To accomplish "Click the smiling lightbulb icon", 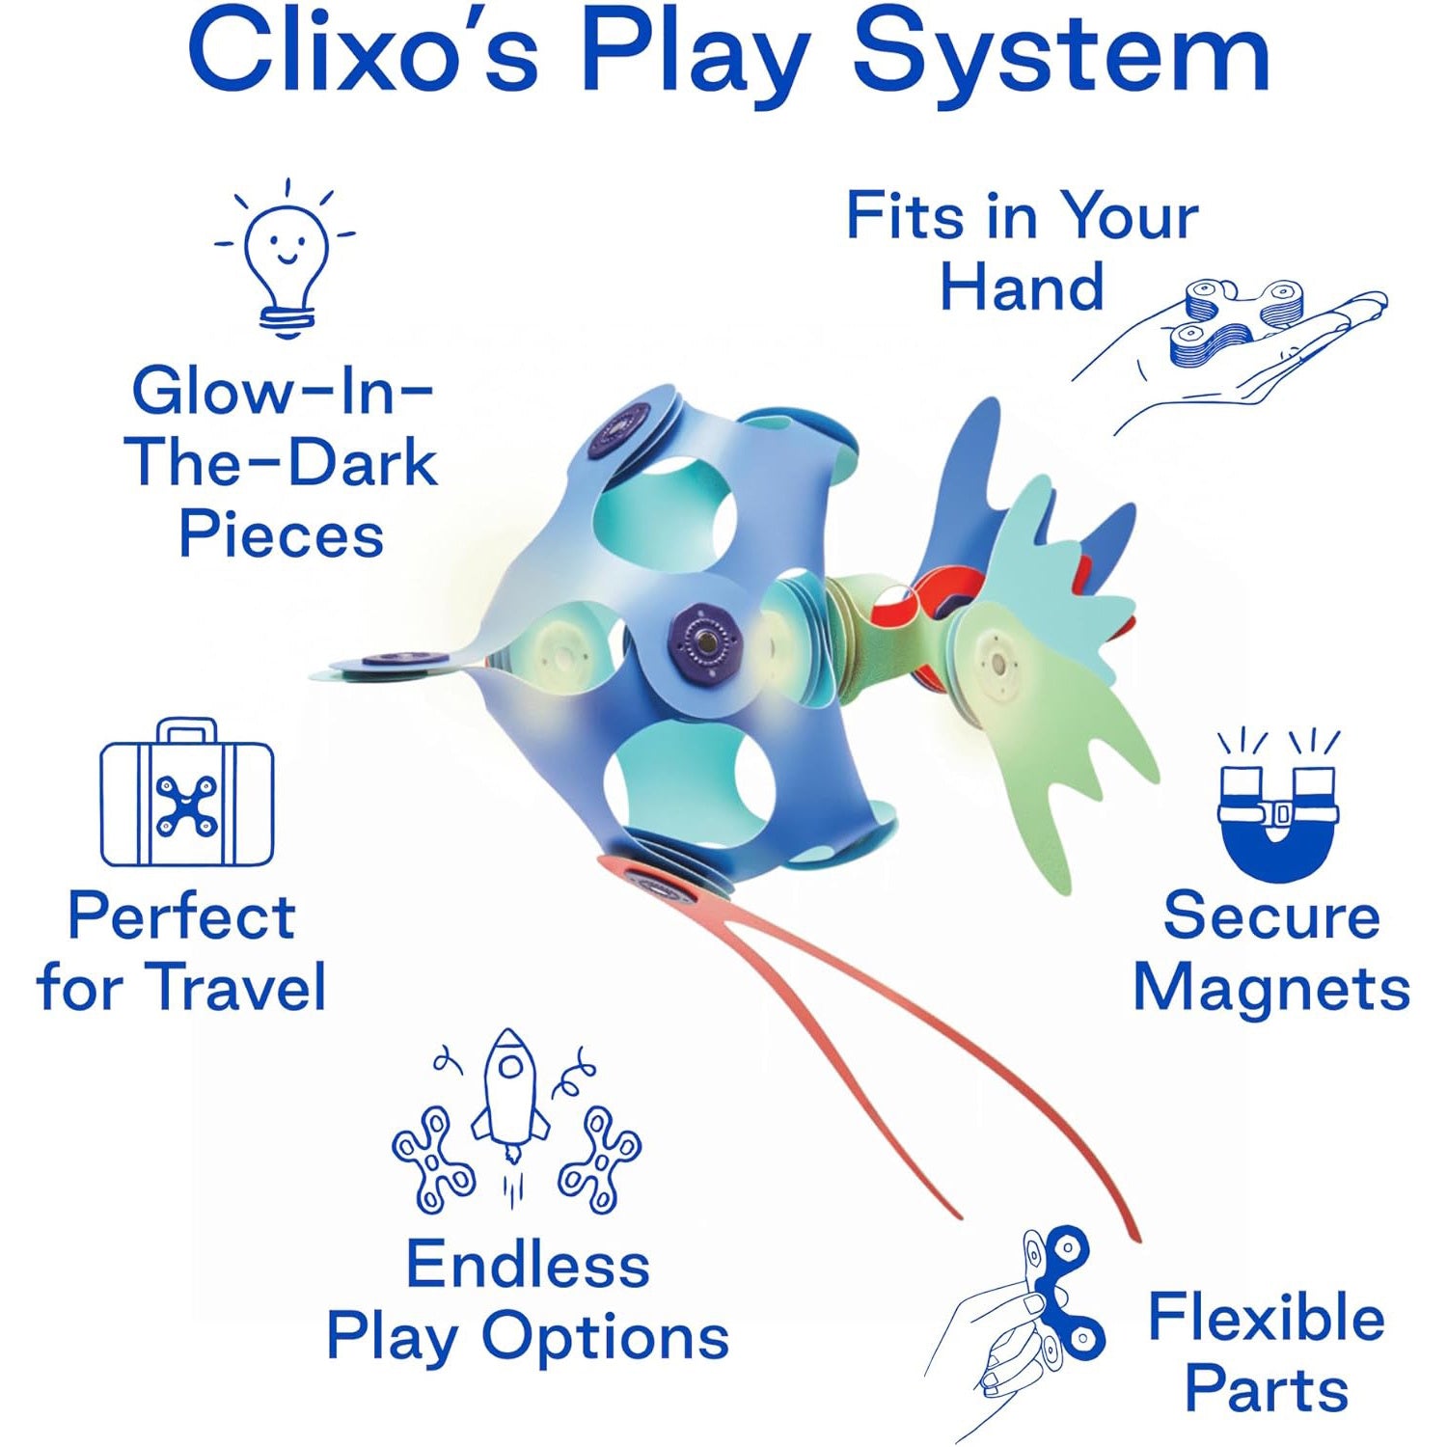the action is (x=285, y=259).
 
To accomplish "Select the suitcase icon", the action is (x=187, y=792).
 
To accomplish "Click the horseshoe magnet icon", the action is (x=1278, y=808).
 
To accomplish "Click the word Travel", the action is (x=239, y=987).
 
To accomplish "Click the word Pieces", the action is (x=281, y=534).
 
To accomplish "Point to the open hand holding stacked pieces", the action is (x=1230, y=357).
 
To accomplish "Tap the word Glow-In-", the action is (x=283, y=391).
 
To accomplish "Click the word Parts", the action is (x=1266, y=1390).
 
